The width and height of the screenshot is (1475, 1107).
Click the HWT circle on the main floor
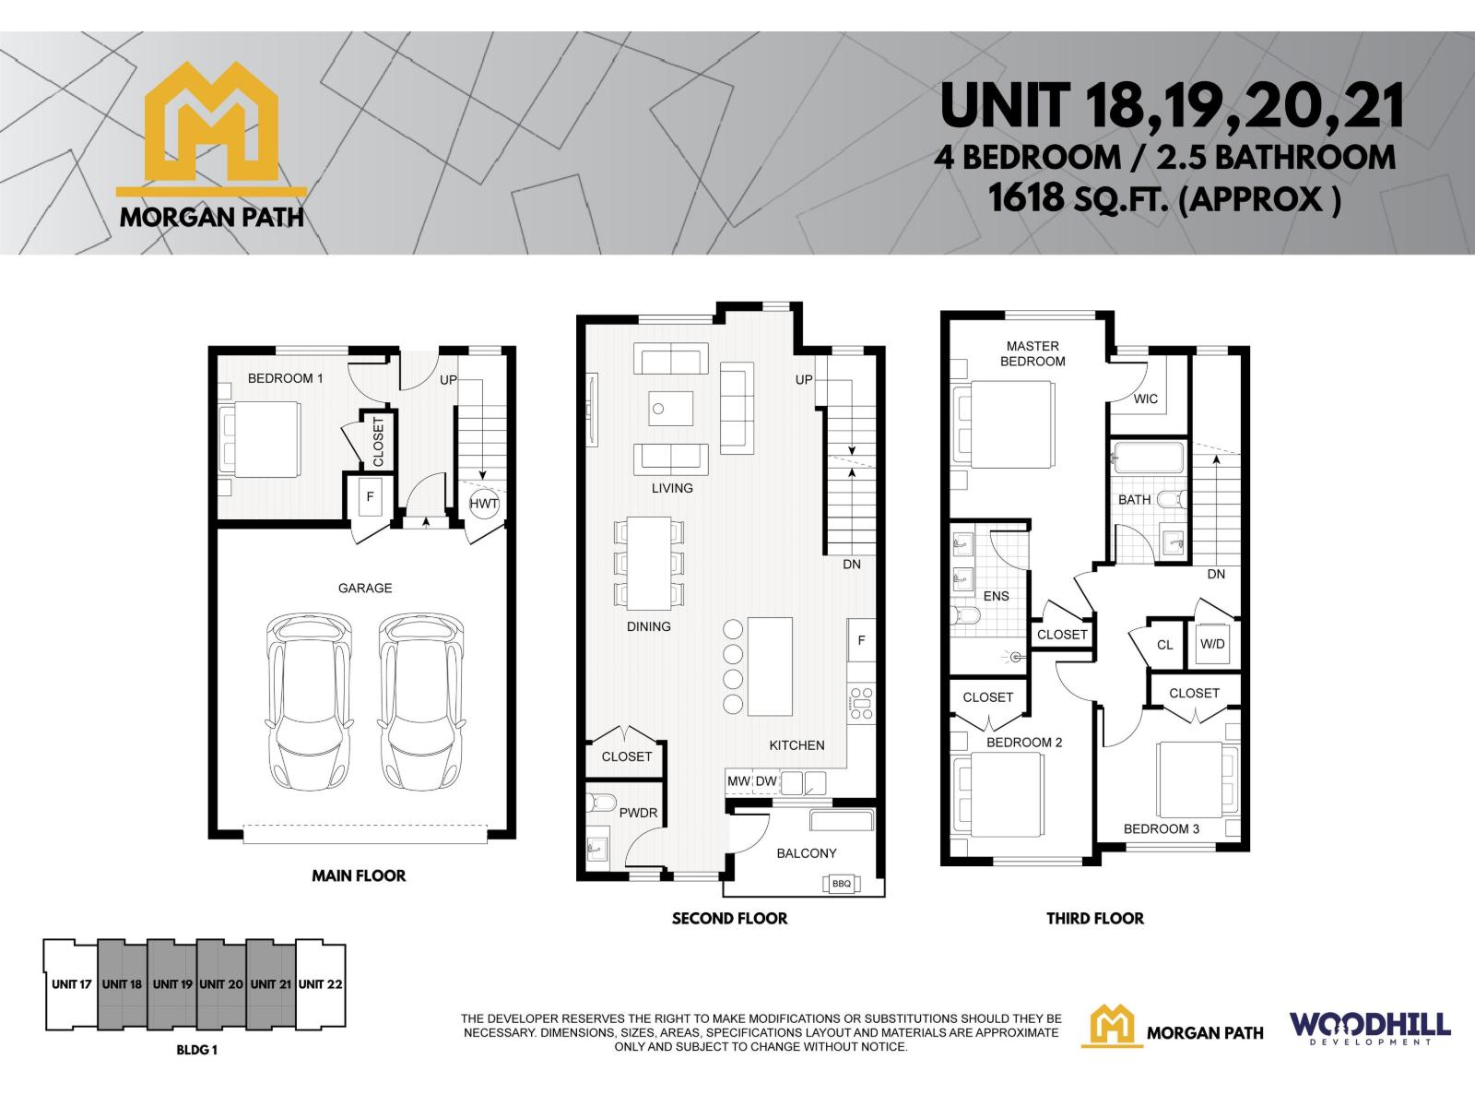pyautogui.click(x=484, y=503)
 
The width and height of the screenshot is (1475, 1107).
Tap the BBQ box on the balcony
pyautogui.click(x=841, y=884)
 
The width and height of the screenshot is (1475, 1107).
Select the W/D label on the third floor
pyautogui.click(x=1212, y=644)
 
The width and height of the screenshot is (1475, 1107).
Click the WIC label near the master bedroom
pyautogui.click(x=1146, y=399)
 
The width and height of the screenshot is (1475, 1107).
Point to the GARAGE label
pyautogui.click(x=365, y=588)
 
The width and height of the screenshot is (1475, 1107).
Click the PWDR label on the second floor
pyautogui.click(x=638, y=813)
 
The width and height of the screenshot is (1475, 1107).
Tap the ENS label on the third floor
pyautogui.click(x=996, y=596)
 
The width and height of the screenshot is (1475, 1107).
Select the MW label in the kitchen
pyautogui.click(x=738, y=781)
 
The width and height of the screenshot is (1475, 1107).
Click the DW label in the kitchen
pyautogui.click(x=766, y=781)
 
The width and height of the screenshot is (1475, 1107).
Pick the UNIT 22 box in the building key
pyautogui.click(x=321, y=984)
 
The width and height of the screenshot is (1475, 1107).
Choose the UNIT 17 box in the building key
pyautogui.click(x=71, y=984)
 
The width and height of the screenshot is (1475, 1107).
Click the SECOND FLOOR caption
pyautogui.click(x=729, y=918)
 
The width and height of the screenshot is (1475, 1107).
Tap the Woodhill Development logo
pyautogui.click(x=1370, y=1027)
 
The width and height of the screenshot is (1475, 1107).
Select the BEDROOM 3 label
pyautogui.click(x=1161, y=828)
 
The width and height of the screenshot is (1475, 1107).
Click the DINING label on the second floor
pyautogui.click(x=648, y=626)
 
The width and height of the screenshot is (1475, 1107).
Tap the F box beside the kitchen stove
pyautogui.click(x=861, y=640)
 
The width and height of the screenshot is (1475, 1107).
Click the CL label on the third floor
pyautogui.click(x=1165, y=645)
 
